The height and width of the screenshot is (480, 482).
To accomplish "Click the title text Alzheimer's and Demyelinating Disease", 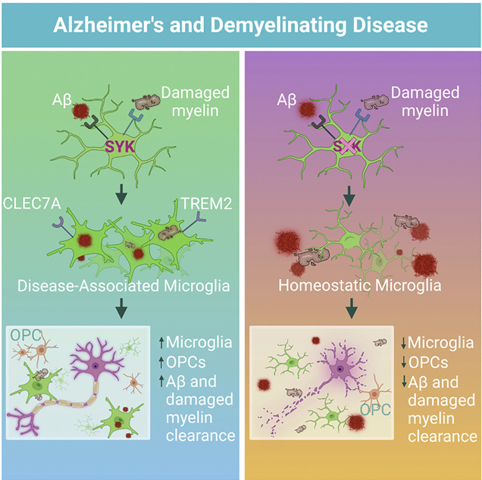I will click(x=241, y=25).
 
